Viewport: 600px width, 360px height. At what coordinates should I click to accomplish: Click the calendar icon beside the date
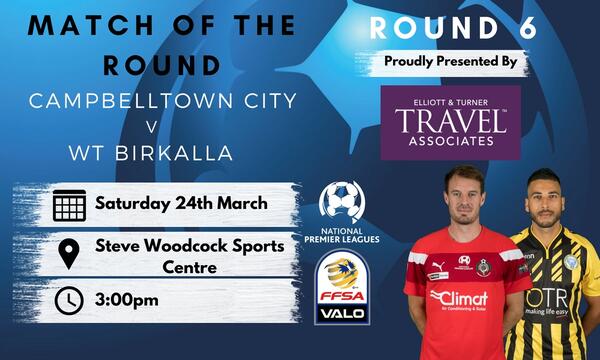[x=68, y=205]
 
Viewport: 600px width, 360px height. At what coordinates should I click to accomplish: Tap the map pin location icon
[x=68, y=253]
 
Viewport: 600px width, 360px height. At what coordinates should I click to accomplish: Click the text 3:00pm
[x=126, y=300]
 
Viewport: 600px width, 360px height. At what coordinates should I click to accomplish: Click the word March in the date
[x=238, y=204]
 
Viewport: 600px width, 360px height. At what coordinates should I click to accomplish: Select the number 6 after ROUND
[x=527, y=28]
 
